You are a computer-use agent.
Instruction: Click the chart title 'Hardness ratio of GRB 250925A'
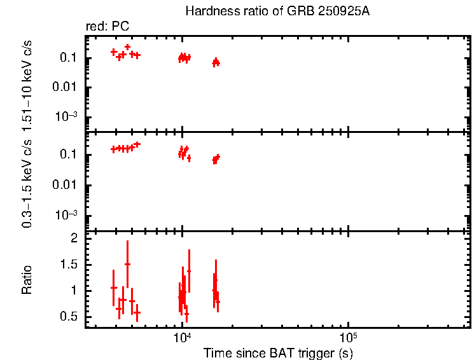(x=277, y=11)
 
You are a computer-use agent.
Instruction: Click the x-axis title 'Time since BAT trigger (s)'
(x=278, y=352)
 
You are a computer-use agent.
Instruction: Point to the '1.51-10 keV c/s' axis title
(x=27, y=85)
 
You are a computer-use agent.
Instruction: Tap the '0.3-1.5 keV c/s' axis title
(x=27, y=183)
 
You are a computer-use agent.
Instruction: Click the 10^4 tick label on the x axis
(x=182, y=338)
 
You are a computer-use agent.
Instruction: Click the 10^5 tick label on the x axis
(x=347, y=338)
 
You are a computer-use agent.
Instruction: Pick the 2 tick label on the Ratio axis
(x=74, y=238)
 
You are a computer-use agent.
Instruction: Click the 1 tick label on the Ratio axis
(x=74, y=290)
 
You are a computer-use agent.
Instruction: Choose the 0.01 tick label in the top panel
(x=66, y=87)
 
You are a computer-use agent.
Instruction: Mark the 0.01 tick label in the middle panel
(x=66, y=185)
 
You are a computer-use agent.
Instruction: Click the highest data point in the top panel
(x=127, y=46)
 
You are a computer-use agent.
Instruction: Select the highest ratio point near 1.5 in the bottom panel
(x=127, y=264)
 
